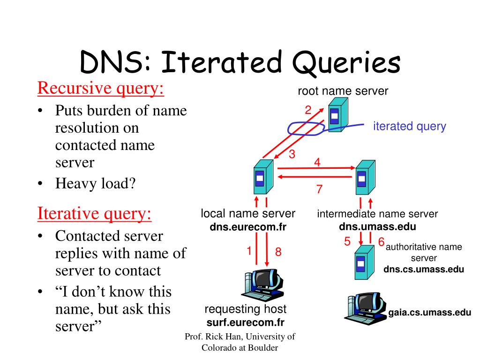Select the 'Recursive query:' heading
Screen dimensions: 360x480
pyautogui.click(x=101, y=88)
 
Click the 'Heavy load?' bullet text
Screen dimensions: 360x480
pyautogui.click(x=95, y=183)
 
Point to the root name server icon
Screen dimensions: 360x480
pyautogui.click(x=337, y=114)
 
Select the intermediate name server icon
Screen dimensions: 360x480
pyautogui.click(x=364, y=177)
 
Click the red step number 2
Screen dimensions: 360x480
pyautogui.click(x=308, y=111)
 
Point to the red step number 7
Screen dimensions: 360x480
pyautogui.click(x=319, y=189)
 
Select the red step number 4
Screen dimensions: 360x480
pyautogui.click(x=317, y=162)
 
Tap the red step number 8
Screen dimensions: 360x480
pyautogui.click(x=278, y=252)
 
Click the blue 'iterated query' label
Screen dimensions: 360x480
pyautogui.click(x=410, y=126)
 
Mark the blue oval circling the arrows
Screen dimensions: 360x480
pyautogui.click(x=306, y=128)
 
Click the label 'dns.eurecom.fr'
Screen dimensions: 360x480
pyautogui.click(x=248, y=227)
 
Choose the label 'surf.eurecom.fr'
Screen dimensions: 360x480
pyautogui.click(x=246, y=322)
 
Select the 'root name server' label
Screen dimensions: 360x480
pyautogui.click(x=343, y=91)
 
